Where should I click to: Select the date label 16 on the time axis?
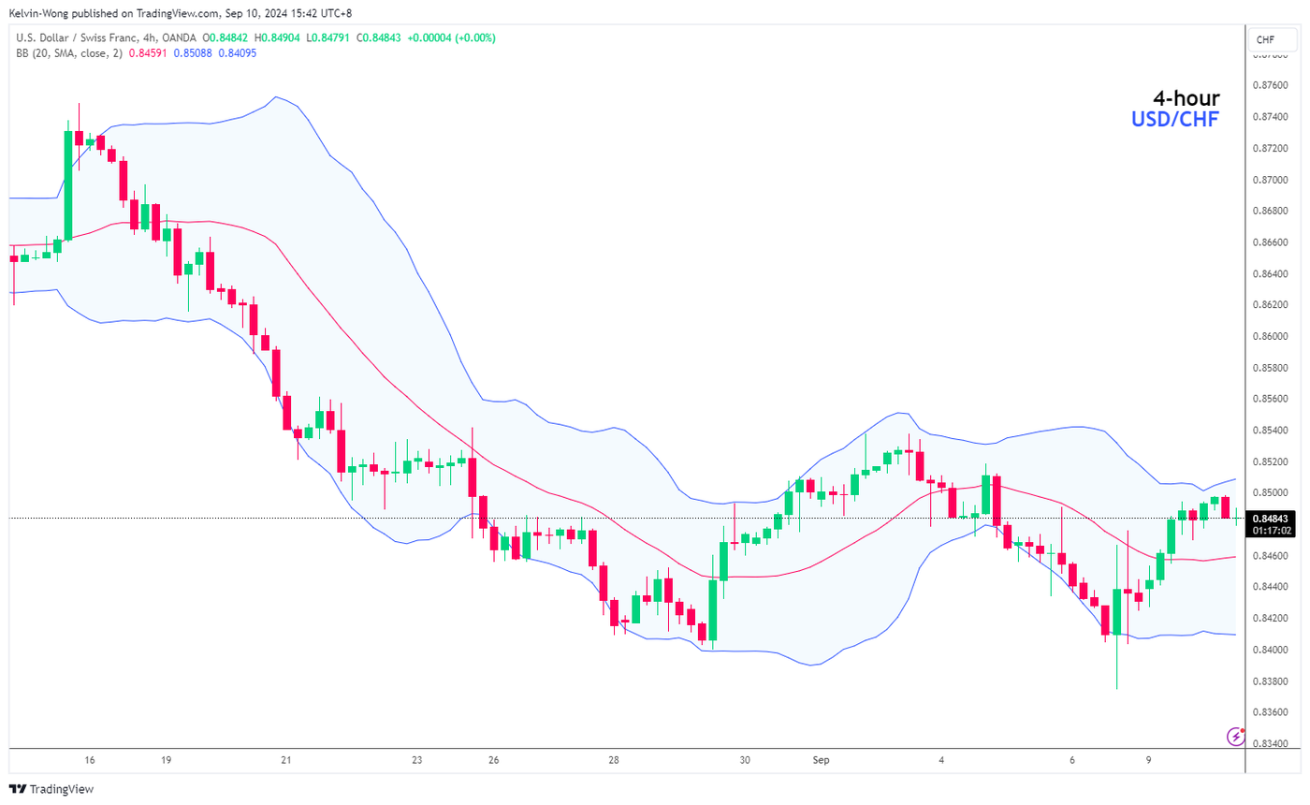pyautogui.click(x=90, y=760)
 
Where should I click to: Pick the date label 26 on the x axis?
pyautogui.click(x=492, y=760)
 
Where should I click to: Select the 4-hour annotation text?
pyautogui.click(x=1186, y=98)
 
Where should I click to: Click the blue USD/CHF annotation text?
pyautogui.click(x=1174, y=119)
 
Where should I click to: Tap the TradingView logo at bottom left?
pyautogui.click(x=51, y=789)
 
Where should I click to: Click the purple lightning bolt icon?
pyautogui.click(x=1235, y=737)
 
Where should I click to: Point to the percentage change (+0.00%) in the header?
pyautogui.click(x=475, y=38)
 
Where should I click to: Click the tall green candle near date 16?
pyautogui.click(x=68, y=185)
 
